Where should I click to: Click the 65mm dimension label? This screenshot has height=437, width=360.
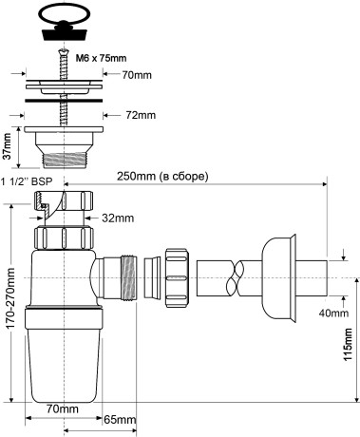(118, 419)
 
